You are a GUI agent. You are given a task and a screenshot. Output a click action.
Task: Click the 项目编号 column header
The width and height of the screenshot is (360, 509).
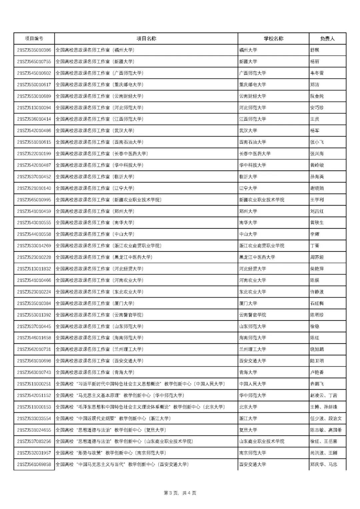click(34, 39)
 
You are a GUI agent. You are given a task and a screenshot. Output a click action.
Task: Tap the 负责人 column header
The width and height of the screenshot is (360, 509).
click(327, 39)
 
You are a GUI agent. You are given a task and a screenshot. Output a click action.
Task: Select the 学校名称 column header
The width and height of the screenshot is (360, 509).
click(273, 39)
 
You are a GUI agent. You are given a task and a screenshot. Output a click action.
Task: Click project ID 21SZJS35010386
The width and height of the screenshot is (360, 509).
click(34, 50)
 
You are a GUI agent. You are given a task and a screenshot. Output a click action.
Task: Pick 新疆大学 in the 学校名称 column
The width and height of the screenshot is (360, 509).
click(248, 62)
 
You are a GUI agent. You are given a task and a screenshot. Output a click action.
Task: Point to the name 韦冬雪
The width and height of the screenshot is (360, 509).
click(317, 73)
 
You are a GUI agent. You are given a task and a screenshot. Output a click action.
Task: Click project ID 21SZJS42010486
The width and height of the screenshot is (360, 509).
click(34, 131)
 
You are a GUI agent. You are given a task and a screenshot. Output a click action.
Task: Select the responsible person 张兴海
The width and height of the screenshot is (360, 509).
click(317, 154)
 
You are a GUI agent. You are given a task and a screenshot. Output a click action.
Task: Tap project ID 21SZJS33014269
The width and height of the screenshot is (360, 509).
click(34, 246)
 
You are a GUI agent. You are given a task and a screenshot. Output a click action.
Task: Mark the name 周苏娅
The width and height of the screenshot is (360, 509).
click(317, 257)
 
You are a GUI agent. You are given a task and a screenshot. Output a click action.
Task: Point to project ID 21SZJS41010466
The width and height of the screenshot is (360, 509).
click(34, 280)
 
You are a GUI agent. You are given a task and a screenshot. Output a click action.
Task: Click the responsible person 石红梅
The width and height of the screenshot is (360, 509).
click(317, 303)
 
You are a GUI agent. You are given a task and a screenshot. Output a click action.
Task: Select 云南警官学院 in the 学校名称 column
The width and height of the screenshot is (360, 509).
click(252, 315)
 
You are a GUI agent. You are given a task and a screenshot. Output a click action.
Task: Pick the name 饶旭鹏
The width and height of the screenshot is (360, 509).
click(317, 349)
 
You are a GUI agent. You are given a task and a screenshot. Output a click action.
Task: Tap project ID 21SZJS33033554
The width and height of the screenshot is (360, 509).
click(34, 418)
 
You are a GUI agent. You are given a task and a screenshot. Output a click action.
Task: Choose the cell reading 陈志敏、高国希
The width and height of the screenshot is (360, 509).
click(326, 430)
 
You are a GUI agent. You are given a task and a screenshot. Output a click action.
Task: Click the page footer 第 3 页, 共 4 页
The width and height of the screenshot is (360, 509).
click(180, 493)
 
